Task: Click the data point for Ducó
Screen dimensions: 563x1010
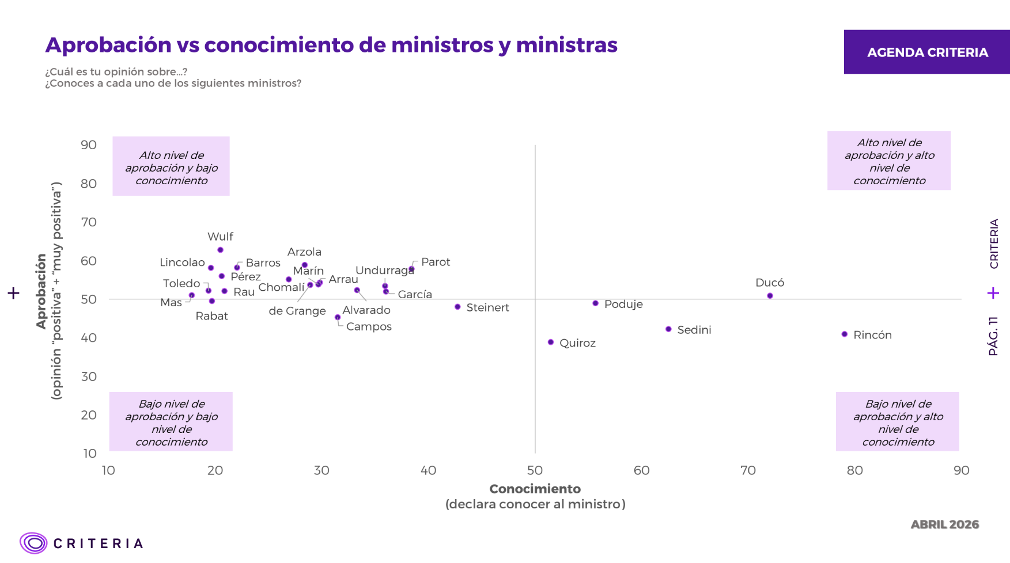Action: click(770, 296)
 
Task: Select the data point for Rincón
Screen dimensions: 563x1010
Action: click(845, 334)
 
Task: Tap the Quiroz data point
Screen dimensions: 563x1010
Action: click(551, 343)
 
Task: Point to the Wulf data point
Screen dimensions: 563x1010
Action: click(221, 250)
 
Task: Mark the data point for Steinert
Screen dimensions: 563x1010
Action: click(457, 307)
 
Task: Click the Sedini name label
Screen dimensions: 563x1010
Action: click(694, 330)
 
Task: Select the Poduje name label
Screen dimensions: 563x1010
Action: click(623, 304)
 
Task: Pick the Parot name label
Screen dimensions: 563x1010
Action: click(436, 262)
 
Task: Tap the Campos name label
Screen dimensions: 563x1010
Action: click(369, 326)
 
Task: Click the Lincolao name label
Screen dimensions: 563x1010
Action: click(182, 263)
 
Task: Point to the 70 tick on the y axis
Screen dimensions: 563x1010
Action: click(89, 222)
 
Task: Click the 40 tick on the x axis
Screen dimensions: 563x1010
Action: click(428, 470)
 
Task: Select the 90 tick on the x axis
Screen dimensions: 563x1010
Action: click(961, 470)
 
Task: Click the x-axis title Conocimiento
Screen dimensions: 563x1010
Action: click(535, 489)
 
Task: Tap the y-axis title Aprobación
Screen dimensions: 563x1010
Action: click(41, 291)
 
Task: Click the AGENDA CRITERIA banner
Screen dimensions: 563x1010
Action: click(927, 52)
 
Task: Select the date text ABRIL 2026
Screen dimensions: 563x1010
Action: click(944, 524)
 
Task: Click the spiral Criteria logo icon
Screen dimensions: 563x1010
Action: click(33, 543)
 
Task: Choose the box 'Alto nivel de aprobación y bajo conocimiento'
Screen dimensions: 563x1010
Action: click(171, 167)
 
